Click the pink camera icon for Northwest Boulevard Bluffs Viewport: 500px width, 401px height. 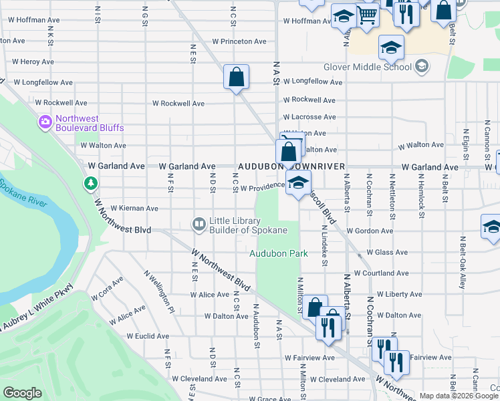[45, 122]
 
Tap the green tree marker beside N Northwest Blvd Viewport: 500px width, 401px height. [90, 182]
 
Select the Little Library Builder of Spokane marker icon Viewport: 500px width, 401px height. [199, 224]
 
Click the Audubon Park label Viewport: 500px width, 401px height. [279, 254]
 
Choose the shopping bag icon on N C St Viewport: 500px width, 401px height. [237, 78]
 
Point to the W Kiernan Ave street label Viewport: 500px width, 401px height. [134, 209]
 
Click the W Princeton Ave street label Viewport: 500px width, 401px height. [239, 41]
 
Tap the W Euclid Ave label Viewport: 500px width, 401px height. [148, 336]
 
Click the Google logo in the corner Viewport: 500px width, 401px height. [22, 392]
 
